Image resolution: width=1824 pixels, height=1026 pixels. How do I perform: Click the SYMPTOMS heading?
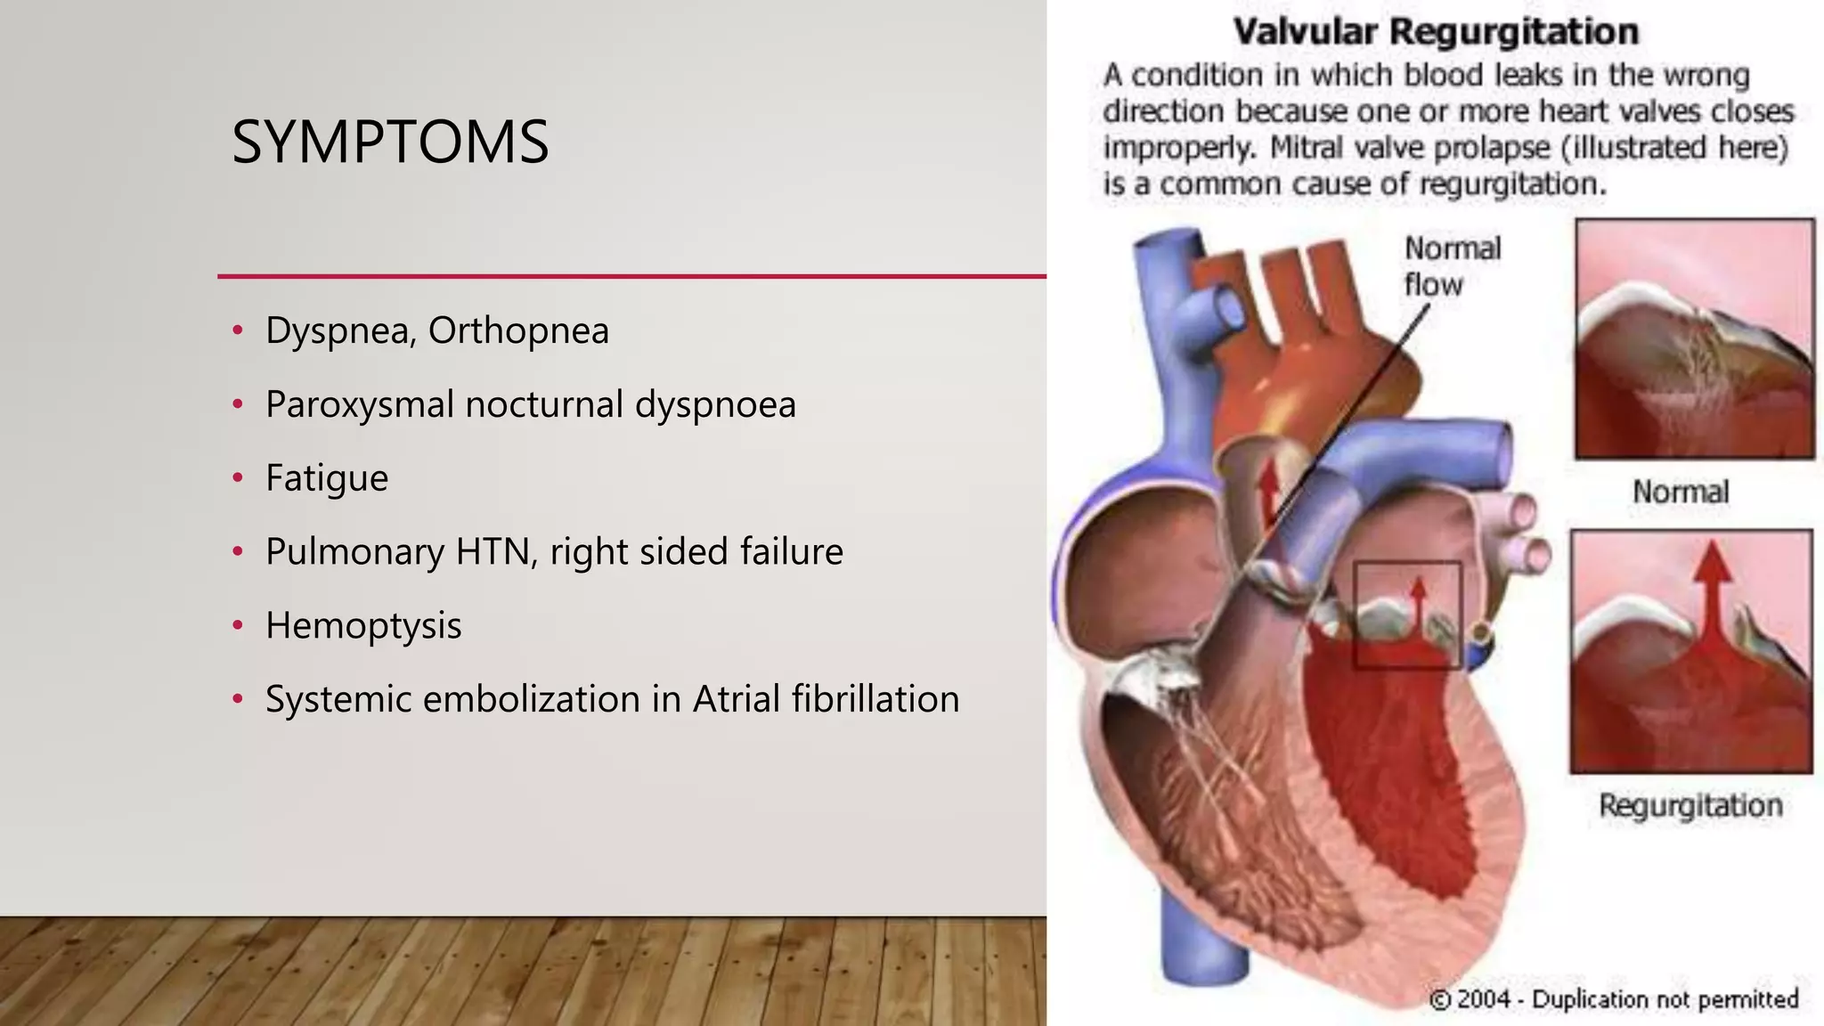(x=390, y=142)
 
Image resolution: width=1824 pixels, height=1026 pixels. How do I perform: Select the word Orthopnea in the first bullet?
(x=518, y=331)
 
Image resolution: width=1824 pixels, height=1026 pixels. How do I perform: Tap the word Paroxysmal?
(x=359, y=405)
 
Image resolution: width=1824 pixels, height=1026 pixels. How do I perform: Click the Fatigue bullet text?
(x=327, y=479)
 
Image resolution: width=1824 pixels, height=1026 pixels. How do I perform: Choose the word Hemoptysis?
(x=363, y=626)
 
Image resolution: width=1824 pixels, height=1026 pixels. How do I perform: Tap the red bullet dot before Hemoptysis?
(x=238, y=625)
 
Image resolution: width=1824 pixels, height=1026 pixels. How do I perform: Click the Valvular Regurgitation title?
(x=1436, y=32)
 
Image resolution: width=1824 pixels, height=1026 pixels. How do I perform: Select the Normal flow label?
(x=1452, y=266)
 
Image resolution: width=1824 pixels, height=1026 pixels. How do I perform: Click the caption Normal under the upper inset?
(x=1680, y=492)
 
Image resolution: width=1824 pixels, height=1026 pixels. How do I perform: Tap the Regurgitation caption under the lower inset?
(x=1690, y=805)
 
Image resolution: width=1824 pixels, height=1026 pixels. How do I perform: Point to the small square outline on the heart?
(x=1406, y=615)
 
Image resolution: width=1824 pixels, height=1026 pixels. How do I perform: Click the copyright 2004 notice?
(x=1613, y=999)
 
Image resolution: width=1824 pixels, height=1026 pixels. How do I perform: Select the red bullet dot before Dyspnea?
(x=238, y=330)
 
